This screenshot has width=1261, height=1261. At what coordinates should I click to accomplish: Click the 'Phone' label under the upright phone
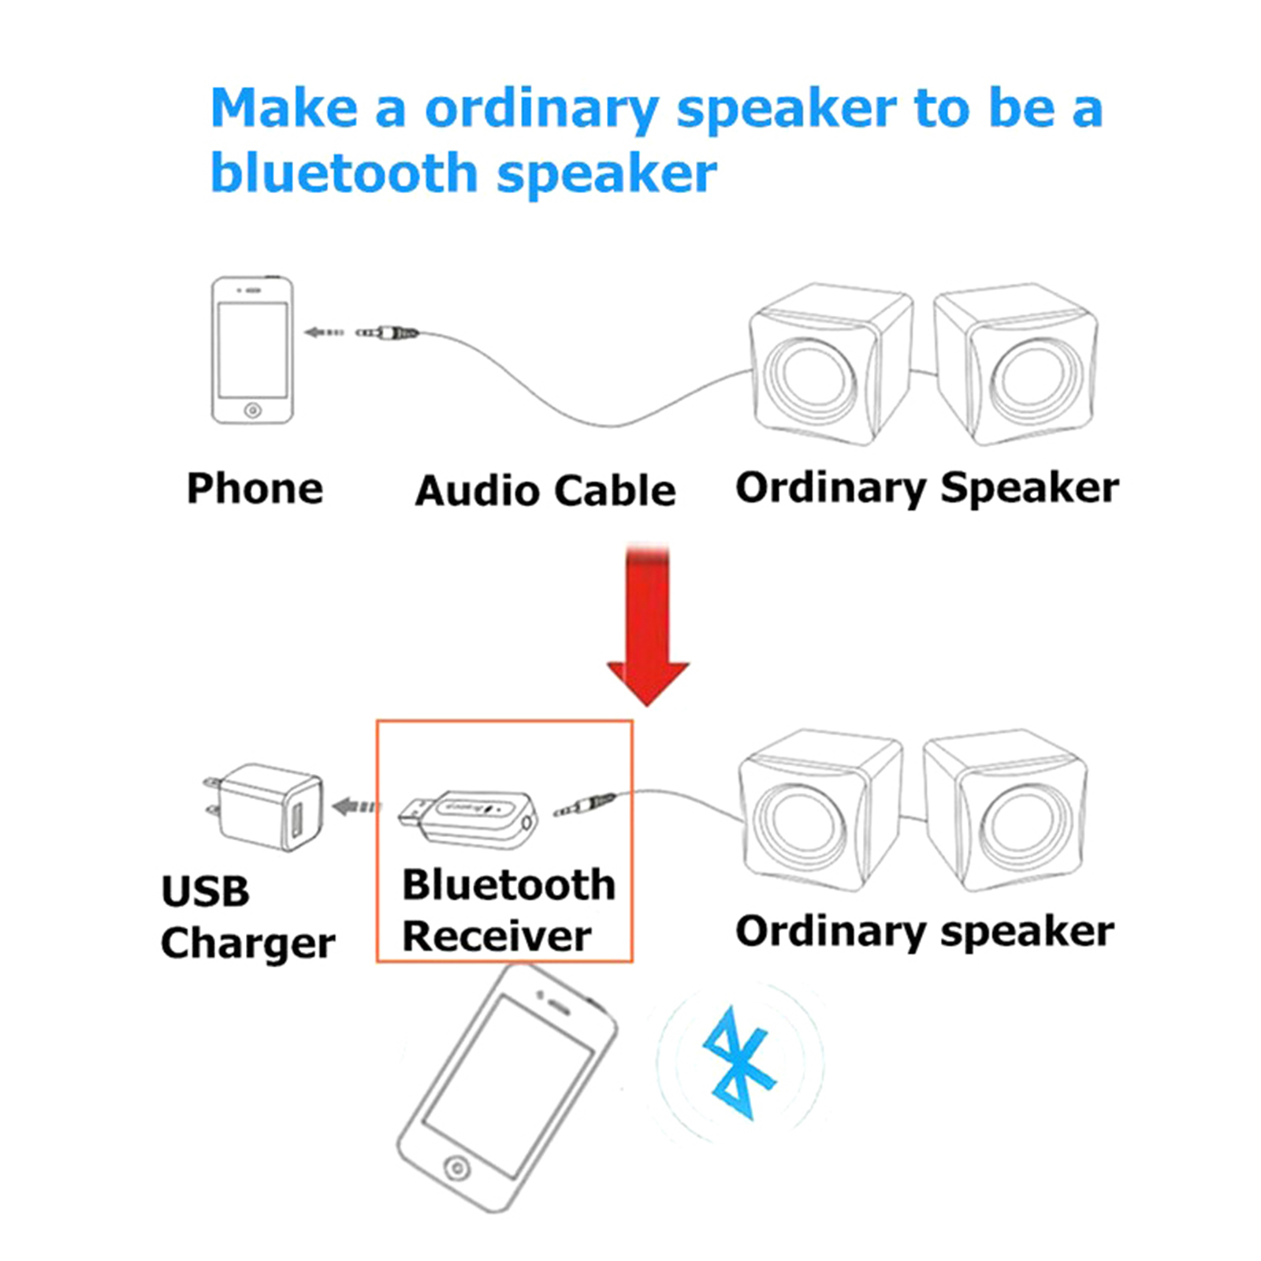pos(255,488)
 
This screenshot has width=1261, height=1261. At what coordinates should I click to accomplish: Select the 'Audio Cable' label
pos(545,490)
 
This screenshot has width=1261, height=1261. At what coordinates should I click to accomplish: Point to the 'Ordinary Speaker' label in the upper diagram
pos(927,488)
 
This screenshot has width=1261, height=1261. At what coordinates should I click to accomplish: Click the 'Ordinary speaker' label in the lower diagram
pos(924,932)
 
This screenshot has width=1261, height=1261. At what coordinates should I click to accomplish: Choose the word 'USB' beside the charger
pos(205,891)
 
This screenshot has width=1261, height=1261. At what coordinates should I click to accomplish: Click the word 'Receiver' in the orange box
pos(497,936)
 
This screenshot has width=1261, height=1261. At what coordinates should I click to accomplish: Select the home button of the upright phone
pos(252,410)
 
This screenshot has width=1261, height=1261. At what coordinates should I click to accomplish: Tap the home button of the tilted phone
pos(456,1167)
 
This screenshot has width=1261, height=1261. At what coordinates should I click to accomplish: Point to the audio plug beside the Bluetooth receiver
pos(585,805)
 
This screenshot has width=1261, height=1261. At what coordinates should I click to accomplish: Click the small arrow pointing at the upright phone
pos(323,333)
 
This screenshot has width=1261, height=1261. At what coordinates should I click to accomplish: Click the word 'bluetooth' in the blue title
pos(344,173)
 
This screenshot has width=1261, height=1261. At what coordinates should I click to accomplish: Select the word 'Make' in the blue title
pos(284,108)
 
